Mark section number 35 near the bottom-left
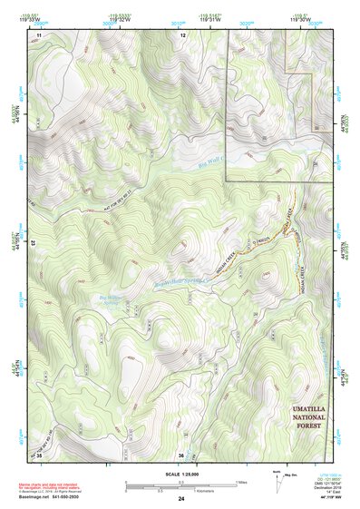tap(39, 454)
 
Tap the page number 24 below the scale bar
tap(181, 499)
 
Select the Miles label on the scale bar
tap(241, 482)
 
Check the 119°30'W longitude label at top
tap(308, 20)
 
